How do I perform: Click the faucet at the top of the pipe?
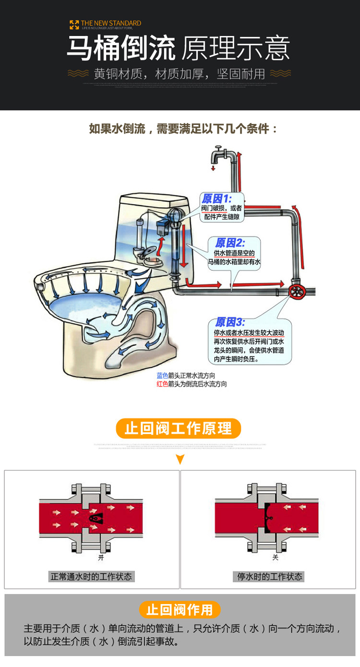[x=221, y=155]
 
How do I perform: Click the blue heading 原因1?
[x=216, y=199]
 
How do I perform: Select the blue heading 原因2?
[x=230, y=243]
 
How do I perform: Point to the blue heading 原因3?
[x=230, y=322]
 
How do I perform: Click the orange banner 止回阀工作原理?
[x=178, y=428]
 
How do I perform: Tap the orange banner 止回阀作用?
[x=180, y=609]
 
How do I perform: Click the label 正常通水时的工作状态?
[x=91, y=576]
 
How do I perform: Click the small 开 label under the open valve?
[x=101, y=558]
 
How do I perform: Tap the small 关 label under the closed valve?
[x=275, y=558]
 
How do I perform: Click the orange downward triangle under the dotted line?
[x=180, y=460]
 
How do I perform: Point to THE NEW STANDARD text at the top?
[x=111, y=23]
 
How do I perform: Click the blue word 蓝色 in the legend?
[x=162, y=376]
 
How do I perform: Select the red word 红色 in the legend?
[x=162, y=384]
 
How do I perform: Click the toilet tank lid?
[x=153, y=198]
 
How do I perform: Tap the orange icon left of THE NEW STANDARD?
[x=74, y=24]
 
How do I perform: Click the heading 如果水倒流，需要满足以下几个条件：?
[x=183, y=129]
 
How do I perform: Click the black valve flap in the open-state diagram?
[x=96, y=518]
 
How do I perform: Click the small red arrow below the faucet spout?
[x=213, y=169]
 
